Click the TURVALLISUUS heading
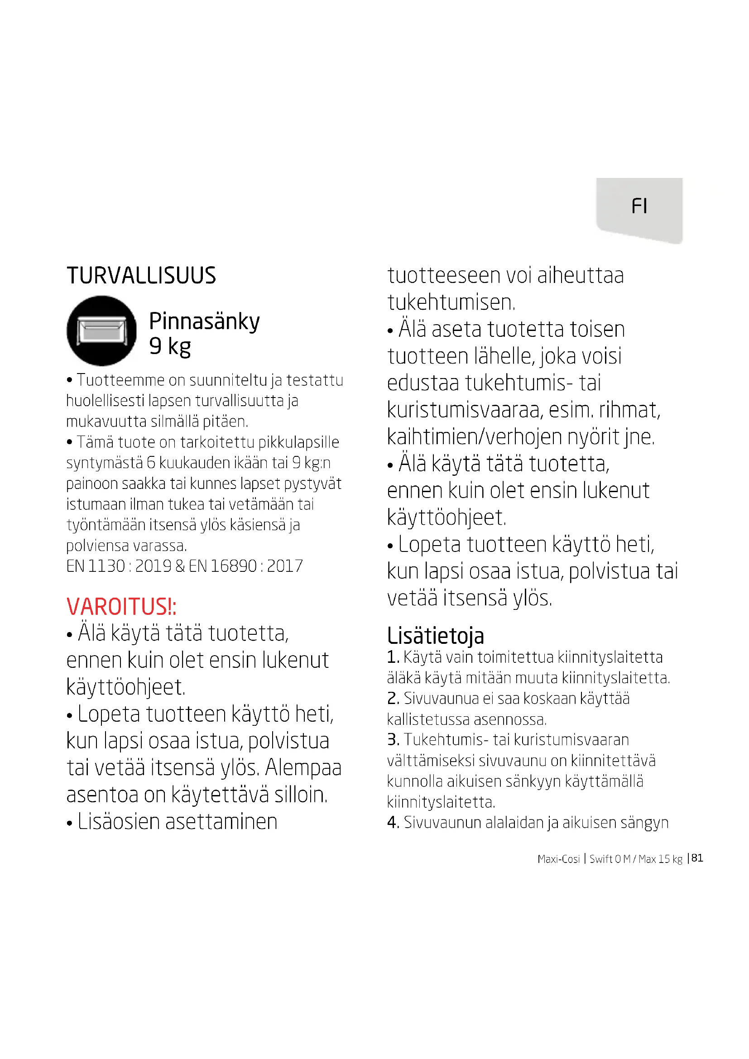pos(141,275)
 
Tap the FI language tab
pos(639,206)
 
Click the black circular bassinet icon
pos(101,330)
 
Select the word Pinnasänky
pos(204,321)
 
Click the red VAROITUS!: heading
pos(121,606)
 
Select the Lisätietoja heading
pos(435,636)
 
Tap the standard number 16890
pos(233,566)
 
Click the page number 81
pos(697,858)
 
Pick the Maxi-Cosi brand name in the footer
pos(558,859)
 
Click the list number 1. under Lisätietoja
pos(393,657)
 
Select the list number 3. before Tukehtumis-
pos(393,740)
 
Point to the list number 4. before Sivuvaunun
pos(393,822)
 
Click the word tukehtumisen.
pos(451,302)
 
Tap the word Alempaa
pos(303,768)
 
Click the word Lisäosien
pos(119,822)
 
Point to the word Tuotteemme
pos(120,380)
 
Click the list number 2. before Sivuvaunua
pos(393,698)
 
